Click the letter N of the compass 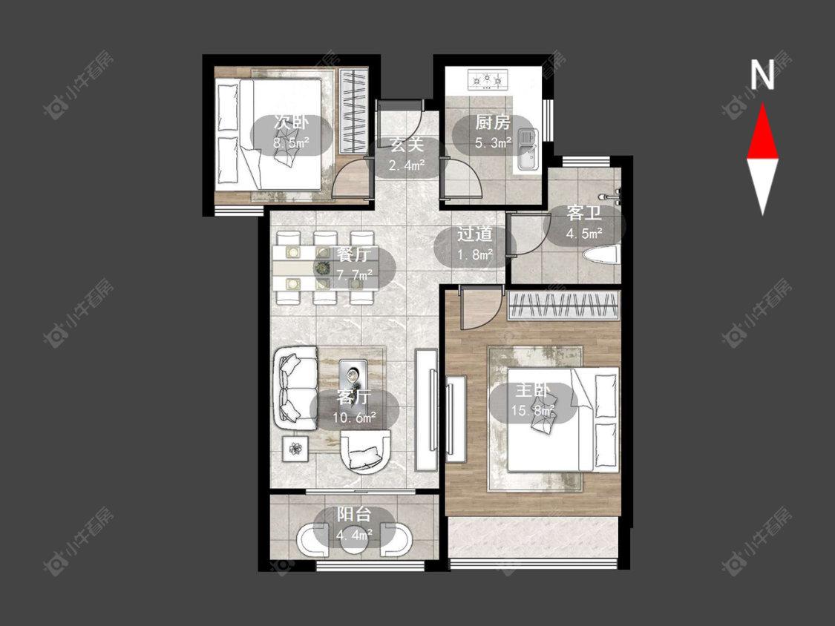[762, 74]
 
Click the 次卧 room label [291, 122]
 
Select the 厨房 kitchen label [493, 122]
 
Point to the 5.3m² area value [493, 142]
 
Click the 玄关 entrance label [407, 144]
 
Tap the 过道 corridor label [474, 234]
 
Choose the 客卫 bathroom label [584, 213]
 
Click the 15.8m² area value [533, 410]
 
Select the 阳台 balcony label [354, 514]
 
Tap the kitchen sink [528, 150]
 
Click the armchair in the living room [365, 452]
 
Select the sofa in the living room [295, 389]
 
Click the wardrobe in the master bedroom [564, 306]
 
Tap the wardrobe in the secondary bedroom [353, 111]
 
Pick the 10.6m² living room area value [354, 418]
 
